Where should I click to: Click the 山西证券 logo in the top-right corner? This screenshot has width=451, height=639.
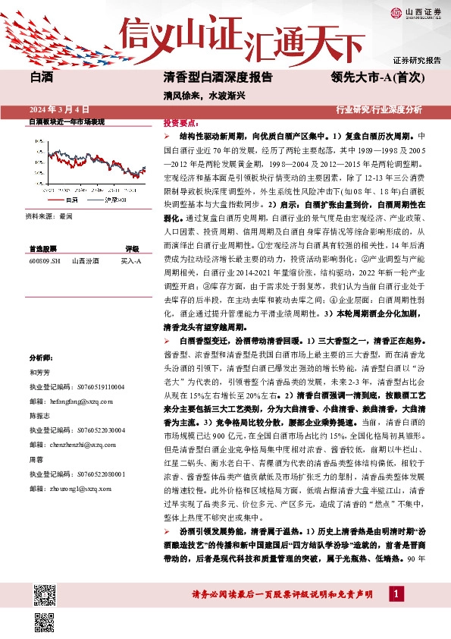415,12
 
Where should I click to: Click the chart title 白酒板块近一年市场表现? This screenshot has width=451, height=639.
67,121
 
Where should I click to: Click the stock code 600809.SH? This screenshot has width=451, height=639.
44,260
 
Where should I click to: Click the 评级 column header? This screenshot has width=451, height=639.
132,248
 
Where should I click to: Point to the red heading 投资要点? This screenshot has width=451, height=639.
180,122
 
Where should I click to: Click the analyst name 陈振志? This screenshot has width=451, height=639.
39,416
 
